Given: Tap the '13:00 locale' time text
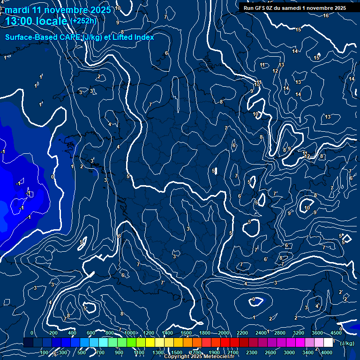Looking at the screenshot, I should point(36,21).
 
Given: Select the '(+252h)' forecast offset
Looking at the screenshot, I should point(83,21).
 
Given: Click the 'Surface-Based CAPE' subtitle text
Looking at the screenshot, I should point(42,37).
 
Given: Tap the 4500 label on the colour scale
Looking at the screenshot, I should point(336,333).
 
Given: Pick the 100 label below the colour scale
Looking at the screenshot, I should point(45,352).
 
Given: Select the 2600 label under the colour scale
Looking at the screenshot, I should point(270,352).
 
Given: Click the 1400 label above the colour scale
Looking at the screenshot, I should point(167,333).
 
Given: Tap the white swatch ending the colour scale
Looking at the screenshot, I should point(328,343).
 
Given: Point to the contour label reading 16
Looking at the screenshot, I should point(326,15).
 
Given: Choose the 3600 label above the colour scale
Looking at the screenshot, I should point(317,333).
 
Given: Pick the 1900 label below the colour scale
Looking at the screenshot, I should point(214,352).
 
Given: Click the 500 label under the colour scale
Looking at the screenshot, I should point(82,352).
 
